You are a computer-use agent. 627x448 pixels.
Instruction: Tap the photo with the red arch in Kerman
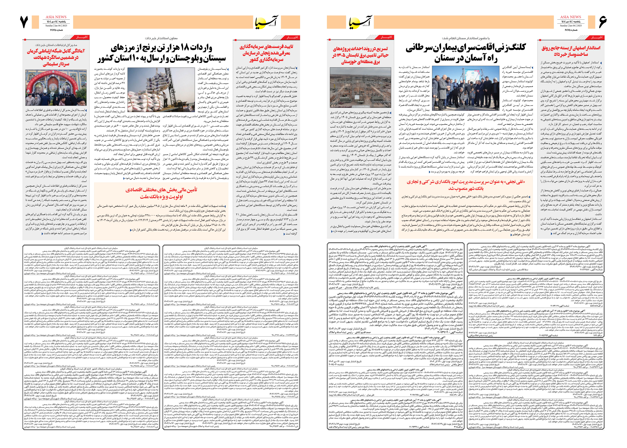56,87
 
